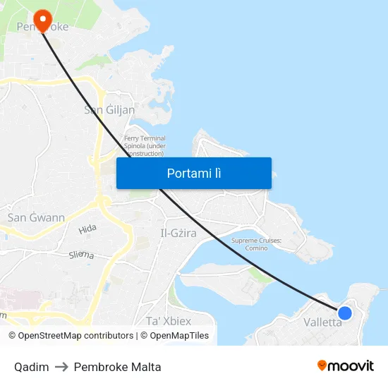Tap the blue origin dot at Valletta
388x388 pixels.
point(344,313)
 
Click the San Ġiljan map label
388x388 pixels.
point(109,109)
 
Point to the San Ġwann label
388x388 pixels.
point(36,217)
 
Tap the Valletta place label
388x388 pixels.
point(322,322)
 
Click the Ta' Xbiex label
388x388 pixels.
point(168,320)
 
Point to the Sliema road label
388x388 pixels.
point(81,255)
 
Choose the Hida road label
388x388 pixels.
point(87,229)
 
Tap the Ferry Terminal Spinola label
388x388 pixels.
point(145,145)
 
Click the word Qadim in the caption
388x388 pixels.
point(31,367)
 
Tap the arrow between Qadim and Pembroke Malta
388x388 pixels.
point(61,367)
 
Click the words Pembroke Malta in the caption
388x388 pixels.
point(117,367)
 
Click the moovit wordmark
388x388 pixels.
point(351,366)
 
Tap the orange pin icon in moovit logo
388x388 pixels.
point(322,366)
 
